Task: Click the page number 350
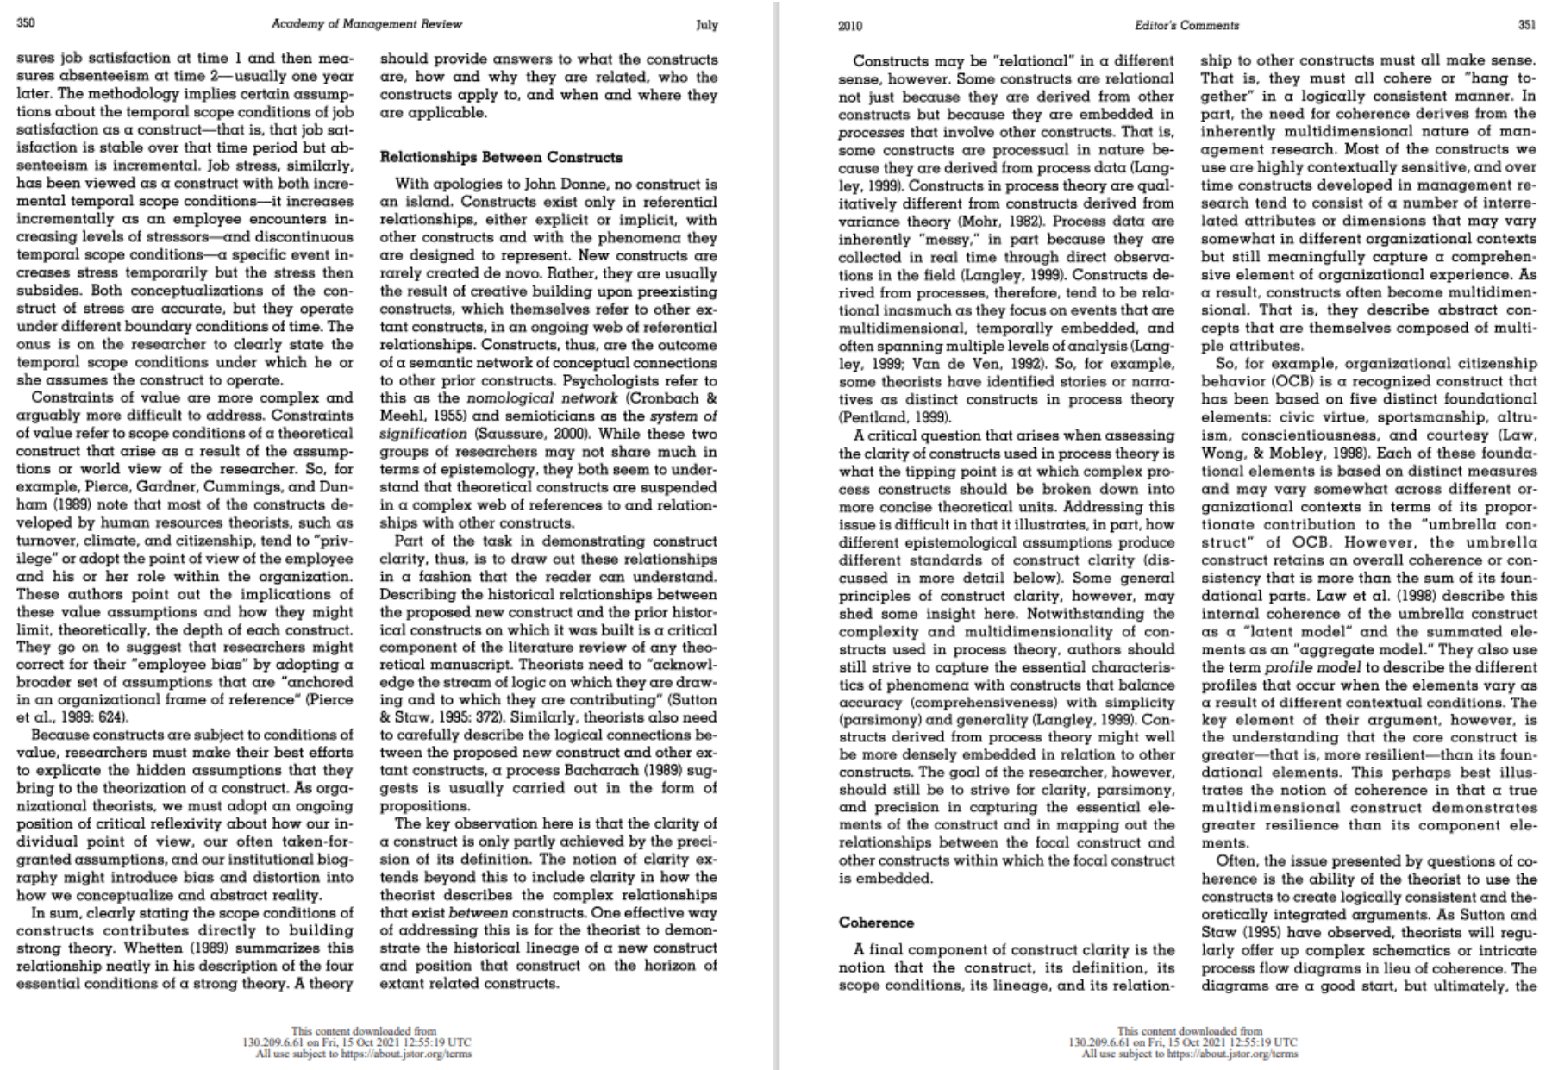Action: pyautogui.click(x=25, y=24)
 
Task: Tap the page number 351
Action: pyautogui.click(x=1527, y=25)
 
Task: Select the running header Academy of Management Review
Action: pyautogui.click(x=366, y=24)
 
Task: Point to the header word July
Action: pyautogui.click(x=706, y=25)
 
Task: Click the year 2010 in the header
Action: pyautogui.click(x=850, y=26)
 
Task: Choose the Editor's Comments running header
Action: pyautogui.click(x=1186, y=25)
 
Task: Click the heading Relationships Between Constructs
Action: pyautogui.click(x=501, y=157)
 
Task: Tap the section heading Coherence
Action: pyautogui.click(x=876, y=923)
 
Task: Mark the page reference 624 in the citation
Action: pyautogui.click(x=110, y=717)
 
